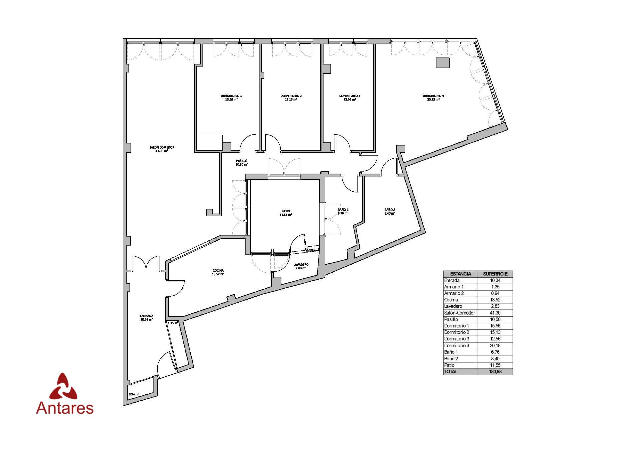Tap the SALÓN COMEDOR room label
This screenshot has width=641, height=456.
coord(162,147)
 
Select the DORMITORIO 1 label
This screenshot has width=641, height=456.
coord(231,96)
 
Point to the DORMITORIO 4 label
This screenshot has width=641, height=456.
coord(433,96)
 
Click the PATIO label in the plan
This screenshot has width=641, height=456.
coord(286,211)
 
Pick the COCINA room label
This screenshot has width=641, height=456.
coord(218,271)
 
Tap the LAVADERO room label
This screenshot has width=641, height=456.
coord(301,264)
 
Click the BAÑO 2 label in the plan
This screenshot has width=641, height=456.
coord(390,210)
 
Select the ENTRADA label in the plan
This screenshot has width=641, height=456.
coord(147,316)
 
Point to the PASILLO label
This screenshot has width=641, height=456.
coord(242,161)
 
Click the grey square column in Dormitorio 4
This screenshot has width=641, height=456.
coord(443,63)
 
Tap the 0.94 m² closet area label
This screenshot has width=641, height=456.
coord(134,394)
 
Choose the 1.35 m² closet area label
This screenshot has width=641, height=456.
coord(173,323)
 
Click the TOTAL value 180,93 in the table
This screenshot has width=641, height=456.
coord(495,372)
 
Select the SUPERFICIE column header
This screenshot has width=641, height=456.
coord(495,274)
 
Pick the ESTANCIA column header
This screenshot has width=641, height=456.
coord(460,274)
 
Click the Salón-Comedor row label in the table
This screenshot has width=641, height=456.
coord(459,313)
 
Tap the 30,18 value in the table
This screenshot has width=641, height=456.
coord(495,346)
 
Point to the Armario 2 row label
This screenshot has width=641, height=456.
coord(454,293)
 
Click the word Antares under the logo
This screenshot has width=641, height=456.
coord(65,408)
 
